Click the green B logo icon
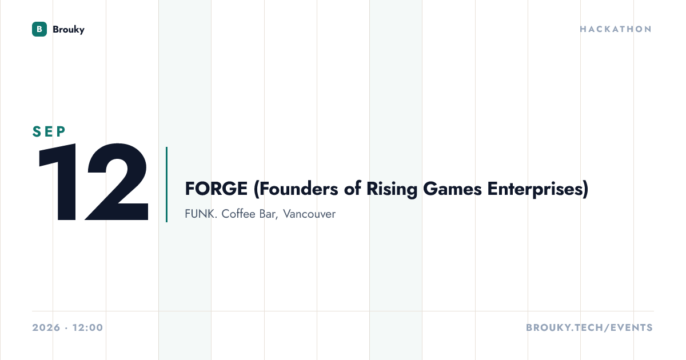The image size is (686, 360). (x=39, y=29)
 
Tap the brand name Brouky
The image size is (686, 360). (x=69, y=30)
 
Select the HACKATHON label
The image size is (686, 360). (x=616, y=29)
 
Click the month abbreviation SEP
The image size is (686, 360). (x=49, y=131)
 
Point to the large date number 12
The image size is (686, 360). (x=93, y=182)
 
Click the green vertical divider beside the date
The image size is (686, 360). (x=166, y=185)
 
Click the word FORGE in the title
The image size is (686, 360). (x=216, y=189)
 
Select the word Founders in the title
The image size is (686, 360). (x=296, y=189)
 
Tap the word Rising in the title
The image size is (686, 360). (x=392, y=190)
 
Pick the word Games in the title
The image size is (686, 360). (x=452, y=189)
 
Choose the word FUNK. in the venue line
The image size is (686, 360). (x=201, y=214)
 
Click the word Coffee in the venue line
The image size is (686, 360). (x=238, y=214)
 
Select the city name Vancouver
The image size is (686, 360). (x=309, y=214)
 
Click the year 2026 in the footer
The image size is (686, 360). (x=46, y=327)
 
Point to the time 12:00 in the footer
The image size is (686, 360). (x=88, y=327)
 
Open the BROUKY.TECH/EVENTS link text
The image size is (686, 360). (x=589, y=327)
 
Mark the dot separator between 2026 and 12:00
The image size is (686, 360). (x=66, y=328)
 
